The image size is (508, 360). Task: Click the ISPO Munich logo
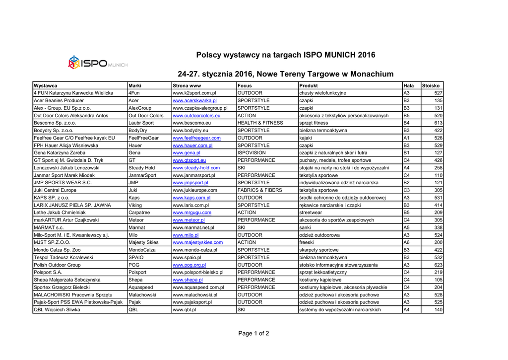[97, 63]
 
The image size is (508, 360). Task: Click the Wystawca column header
[45, 85]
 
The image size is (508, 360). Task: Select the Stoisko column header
[431, 85]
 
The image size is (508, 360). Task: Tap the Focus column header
[246, 85]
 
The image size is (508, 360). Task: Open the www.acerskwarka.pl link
[194, 100]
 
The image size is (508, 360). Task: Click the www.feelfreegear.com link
[196, 138]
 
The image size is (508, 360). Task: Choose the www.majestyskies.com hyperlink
[197, 242]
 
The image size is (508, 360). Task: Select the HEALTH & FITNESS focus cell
[260, 123]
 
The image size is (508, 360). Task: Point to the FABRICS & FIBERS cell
[260, 190]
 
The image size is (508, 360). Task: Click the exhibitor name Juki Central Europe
[55, 190]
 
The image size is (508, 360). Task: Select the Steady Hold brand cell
[142, 168]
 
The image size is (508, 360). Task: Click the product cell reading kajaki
[306, 138]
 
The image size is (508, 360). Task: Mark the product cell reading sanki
[306, 227]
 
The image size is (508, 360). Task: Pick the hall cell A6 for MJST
[407, 242]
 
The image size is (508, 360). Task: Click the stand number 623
[438, 265]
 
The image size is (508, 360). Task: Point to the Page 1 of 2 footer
[254, 333]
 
